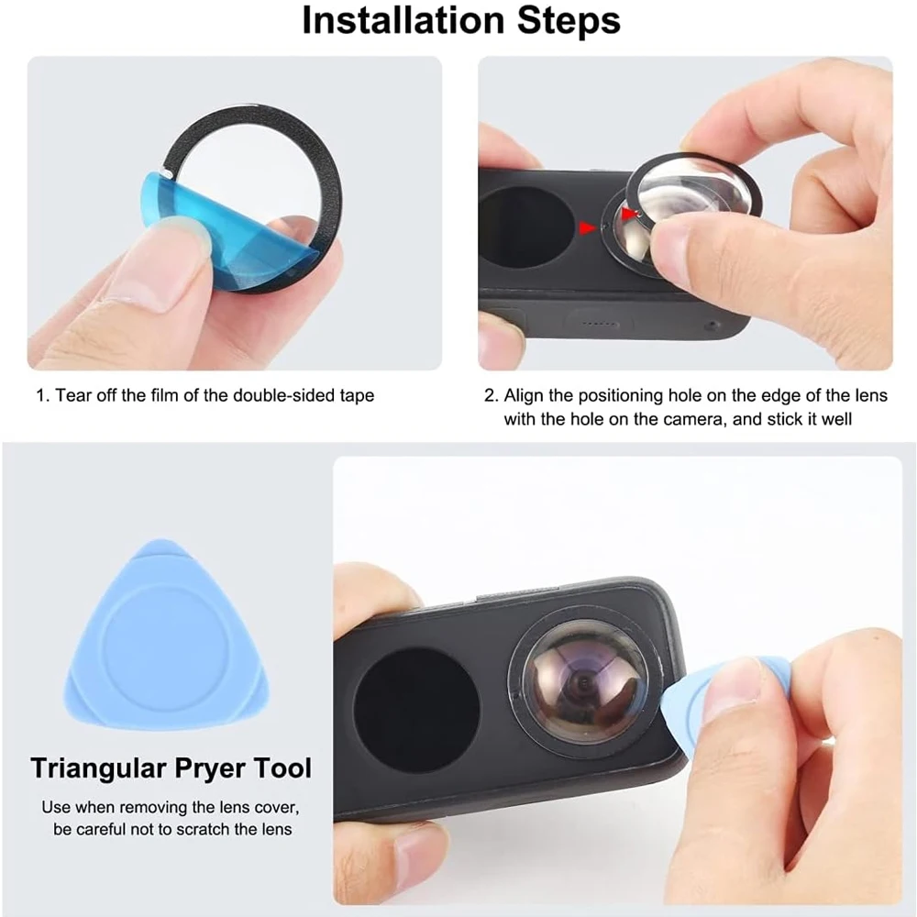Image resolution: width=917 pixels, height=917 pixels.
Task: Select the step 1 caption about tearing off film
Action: (x=204, y=396)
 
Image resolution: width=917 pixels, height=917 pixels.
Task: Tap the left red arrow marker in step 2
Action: (x=586, y=224)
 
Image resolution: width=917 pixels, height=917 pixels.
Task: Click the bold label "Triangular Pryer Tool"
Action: (x=171, y=768)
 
